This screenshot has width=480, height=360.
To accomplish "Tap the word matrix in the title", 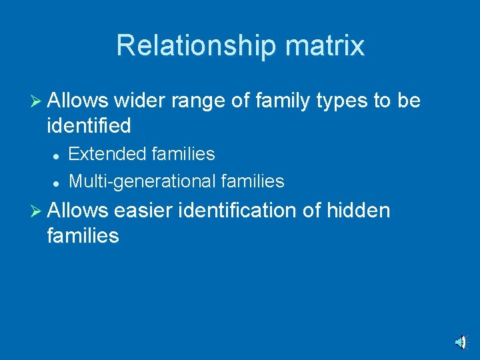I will [x=325, y=46].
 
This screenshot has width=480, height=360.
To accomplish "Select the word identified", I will [x=89, y=125].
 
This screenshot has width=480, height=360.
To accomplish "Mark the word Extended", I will [x=108, y=154].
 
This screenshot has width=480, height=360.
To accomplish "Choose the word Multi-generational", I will [x=142, y=181].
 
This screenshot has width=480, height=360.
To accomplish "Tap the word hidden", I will [x=357, y=211].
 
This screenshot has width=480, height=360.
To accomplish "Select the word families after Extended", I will [x=183, y=154].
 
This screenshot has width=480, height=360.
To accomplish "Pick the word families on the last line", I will [x=83, y=235].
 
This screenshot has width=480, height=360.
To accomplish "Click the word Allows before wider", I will [x=78, y=101].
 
